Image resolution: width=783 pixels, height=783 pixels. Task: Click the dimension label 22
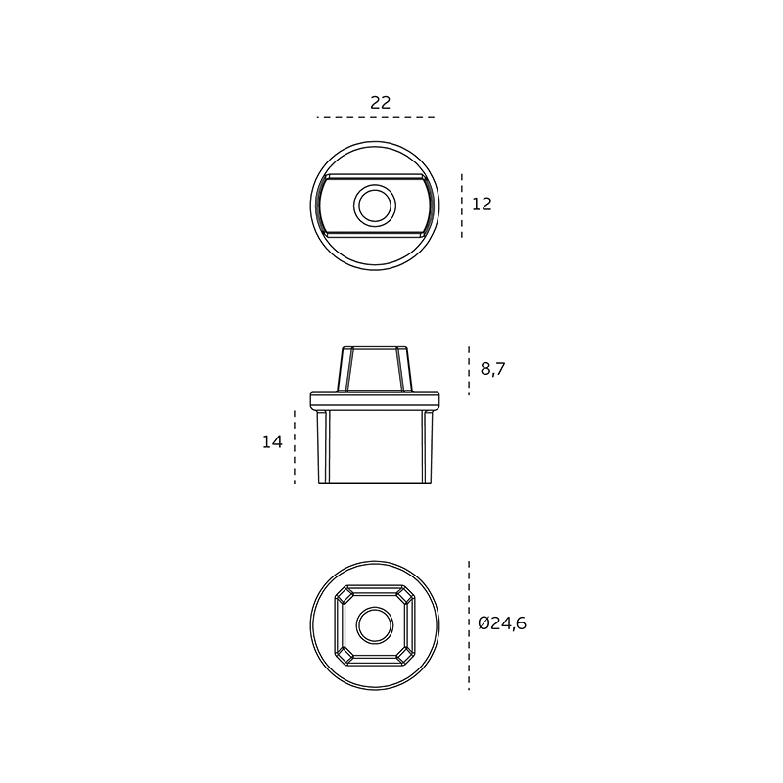380,103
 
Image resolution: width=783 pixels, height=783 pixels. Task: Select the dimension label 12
482,205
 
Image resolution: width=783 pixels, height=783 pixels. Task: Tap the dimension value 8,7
493,369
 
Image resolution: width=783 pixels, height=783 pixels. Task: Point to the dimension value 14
272,442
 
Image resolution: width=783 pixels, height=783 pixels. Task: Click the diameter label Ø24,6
502,623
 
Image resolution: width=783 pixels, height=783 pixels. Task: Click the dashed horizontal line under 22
376,117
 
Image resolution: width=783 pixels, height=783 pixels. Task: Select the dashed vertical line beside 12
462,206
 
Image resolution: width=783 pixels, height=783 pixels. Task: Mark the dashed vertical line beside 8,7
469,371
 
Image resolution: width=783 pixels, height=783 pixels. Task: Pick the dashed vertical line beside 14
295,447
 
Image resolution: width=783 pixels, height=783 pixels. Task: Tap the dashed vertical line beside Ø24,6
469,625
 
